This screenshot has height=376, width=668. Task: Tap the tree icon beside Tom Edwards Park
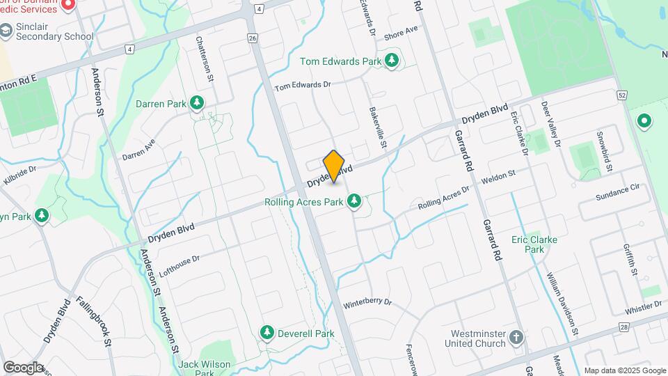[392, 61]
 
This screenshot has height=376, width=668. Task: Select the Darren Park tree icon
[197, 104]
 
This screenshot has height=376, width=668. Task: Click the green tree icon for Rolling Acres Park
[354, 202]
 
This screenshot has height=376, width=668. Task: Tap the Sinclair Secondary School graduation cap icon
[6, 31]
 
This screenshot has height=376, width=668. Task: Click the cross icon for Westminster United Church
[516, 338]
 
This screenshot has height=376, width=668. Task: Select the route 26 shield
[252, 38]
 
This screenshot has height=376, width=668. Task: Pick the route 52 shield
[621, 95]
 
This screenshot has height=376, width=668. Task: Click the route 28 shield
[623, 327]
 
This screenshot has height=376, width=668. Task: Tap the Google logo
[23, 367]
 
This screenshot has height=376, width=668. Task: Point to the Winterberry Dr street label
[367, 304]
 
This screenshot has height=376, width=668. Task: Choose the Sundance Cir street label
[617, 193]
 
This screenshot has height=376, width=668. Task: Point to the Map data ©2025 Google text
[624, 370]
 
